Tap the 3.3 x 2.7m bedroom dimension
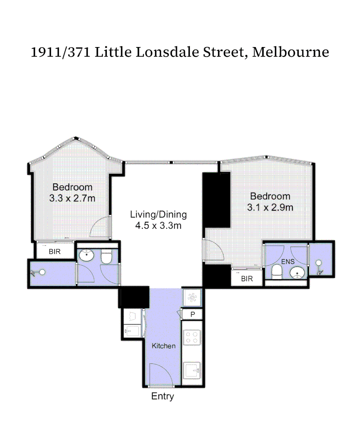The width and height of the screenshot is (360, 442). point(72,198)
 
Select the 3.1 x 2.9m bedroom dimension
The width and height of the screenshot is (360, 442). point(270,207)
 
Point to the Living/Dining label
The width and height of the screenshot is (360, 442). point(158,214)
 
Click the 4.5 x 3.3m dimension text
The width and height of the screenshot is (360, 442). point(158,225)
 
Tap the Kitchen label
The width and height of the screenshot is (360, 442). point(164,346)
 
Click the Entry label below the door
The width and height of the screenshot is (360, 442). point(162,396)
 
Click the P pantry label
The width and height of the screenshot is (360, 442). point(193,314)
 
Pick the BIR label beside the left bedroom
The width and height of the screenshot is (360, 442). point(54,252)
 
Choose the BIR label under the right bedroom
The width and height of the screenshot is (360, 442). point(247,279)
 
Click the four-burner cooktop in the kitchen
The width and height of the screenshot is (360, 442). point(192,337)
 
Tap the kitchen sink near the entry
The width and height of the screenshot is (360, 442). point(192,371)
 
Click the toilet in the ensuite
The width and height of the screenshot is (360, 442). point(277,271)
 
